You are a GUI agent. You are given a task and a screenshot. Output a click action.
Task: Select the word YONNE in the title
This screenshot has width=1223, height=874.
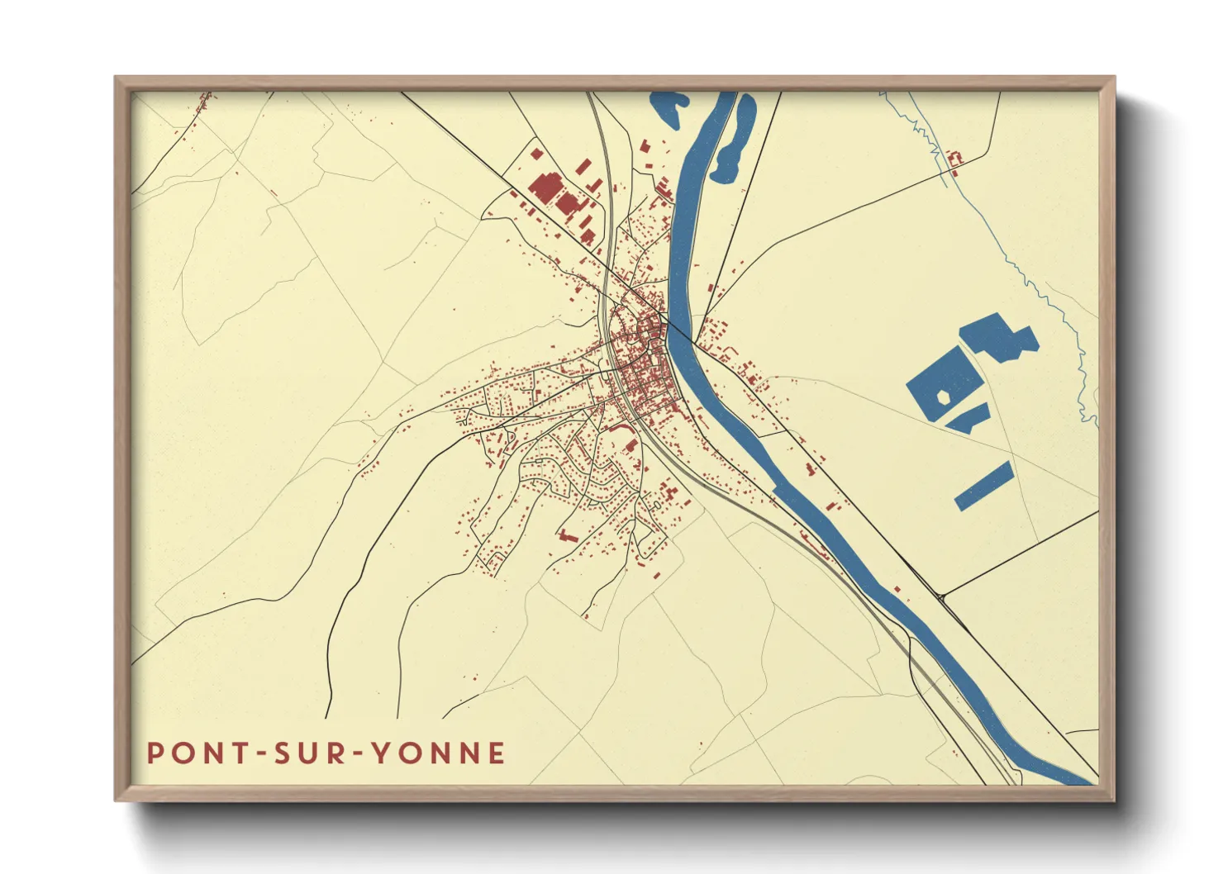pos(438,753)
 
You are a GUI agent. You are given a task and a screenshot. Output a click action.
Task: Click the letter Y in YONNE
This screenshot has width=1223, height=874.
pos(380,753)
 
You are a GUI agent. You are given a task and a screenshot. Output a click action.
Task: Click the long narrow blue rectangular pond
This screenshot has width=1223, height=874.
pos(983,486)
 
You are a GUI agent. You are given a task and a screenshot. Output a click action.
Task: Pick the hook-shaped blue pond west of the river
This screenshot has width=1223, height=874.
pos(668,108)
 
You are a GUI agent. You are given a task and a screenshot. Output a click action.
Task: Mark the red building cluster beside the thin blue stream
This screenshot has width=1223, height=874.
pos(955,159)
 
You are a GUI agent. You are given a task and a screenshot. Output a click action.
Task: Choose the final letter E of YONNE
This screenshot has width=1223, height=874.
pos(497,753)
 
